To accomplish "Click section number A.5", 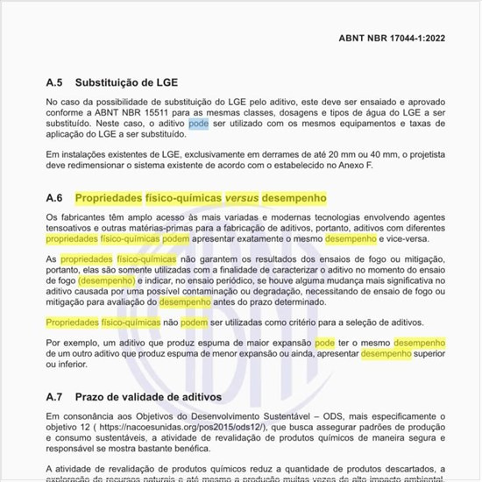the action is (55, 83).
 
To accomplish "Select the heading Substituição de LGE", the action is (126, 83).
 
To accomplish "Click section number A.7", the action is (55, 397).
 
